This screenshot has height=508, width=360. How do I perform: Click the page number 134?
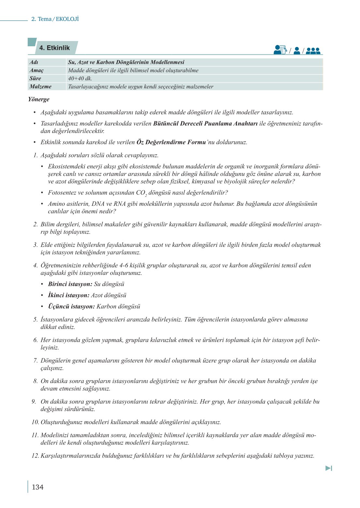[37, 487]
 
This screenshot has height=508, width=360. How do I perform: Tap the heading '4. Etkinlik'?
[54, 48]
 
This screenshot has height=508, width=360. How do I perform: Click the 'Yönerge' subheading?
[39, 99]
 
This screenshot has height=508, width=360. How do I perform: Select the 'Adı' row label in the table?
[34, 62]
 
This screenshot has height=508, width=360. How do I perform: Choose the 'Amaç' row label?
[36, 70]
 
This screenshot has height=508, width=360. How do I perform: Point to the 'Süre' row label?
[35, 79]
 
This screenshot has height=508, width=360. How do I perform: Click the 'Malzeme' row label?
[40, 87]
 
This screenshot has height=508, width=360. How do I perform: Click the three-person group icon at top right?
[313, 51]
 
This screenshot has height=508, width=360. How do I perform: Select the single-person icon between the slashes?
[296, 51]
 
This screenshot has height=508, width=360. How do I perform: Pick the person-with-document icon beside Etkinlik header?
[280, 50]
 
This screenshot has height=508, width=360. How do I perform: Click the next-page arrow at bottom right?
[329, 468]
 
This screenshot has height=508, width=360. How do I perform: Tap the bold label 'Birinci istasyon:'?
[70, 284]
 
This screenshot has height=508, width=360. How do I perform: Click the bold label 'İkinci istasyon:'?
[68, 296]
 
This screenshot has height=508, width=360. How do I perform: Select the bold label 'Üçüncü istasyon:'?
[71, 307]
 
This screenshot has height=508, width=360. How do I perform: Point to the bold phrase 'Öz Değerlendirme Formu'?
[171, 142]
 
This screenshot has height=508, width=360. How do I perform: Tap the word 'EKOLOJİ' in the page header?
[67, 19]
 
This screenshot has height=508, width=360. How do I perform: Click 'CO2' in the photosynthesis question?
[141, 193]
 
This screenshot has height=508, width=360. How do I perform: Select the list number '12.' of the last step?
[35, 456]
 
